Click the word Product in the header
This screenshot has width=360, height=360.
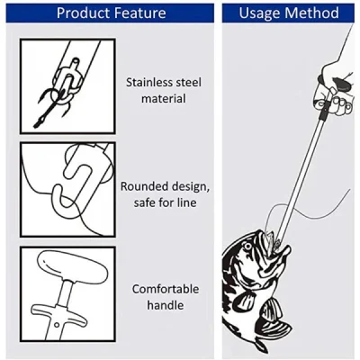click(85, 13)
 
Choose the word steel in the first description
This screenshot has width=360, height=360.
click(187, 81)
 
